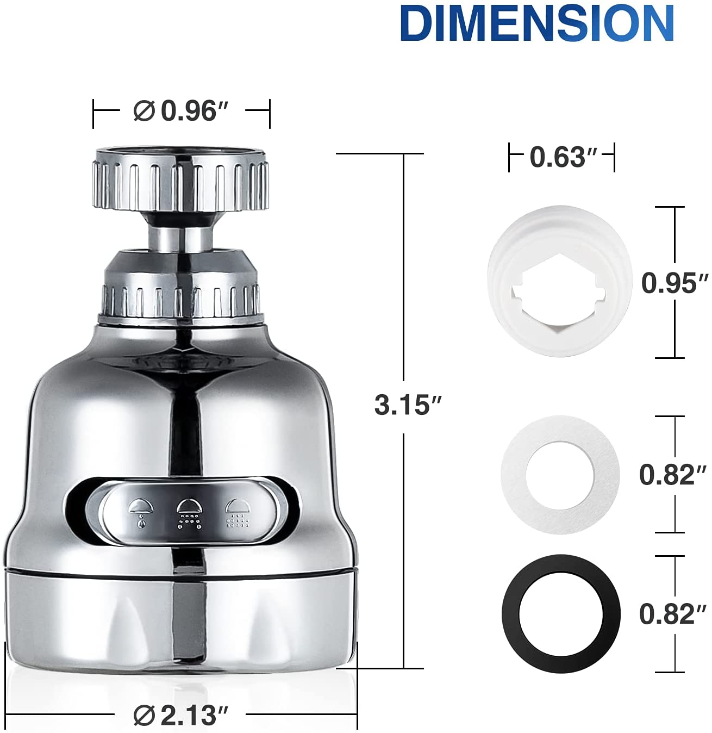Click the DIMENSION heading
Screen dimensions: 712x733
click(x=537, y=24)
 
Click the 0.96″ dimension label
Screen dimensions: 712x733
click(x=194, y=111)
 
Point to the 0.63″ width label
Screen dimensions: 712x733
click(x=563, y=157)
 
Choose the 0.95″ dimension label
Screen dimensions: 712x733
click(x=674, y=283)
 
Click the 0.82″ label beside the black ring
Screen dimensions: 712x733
click(x=672, y=614)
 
